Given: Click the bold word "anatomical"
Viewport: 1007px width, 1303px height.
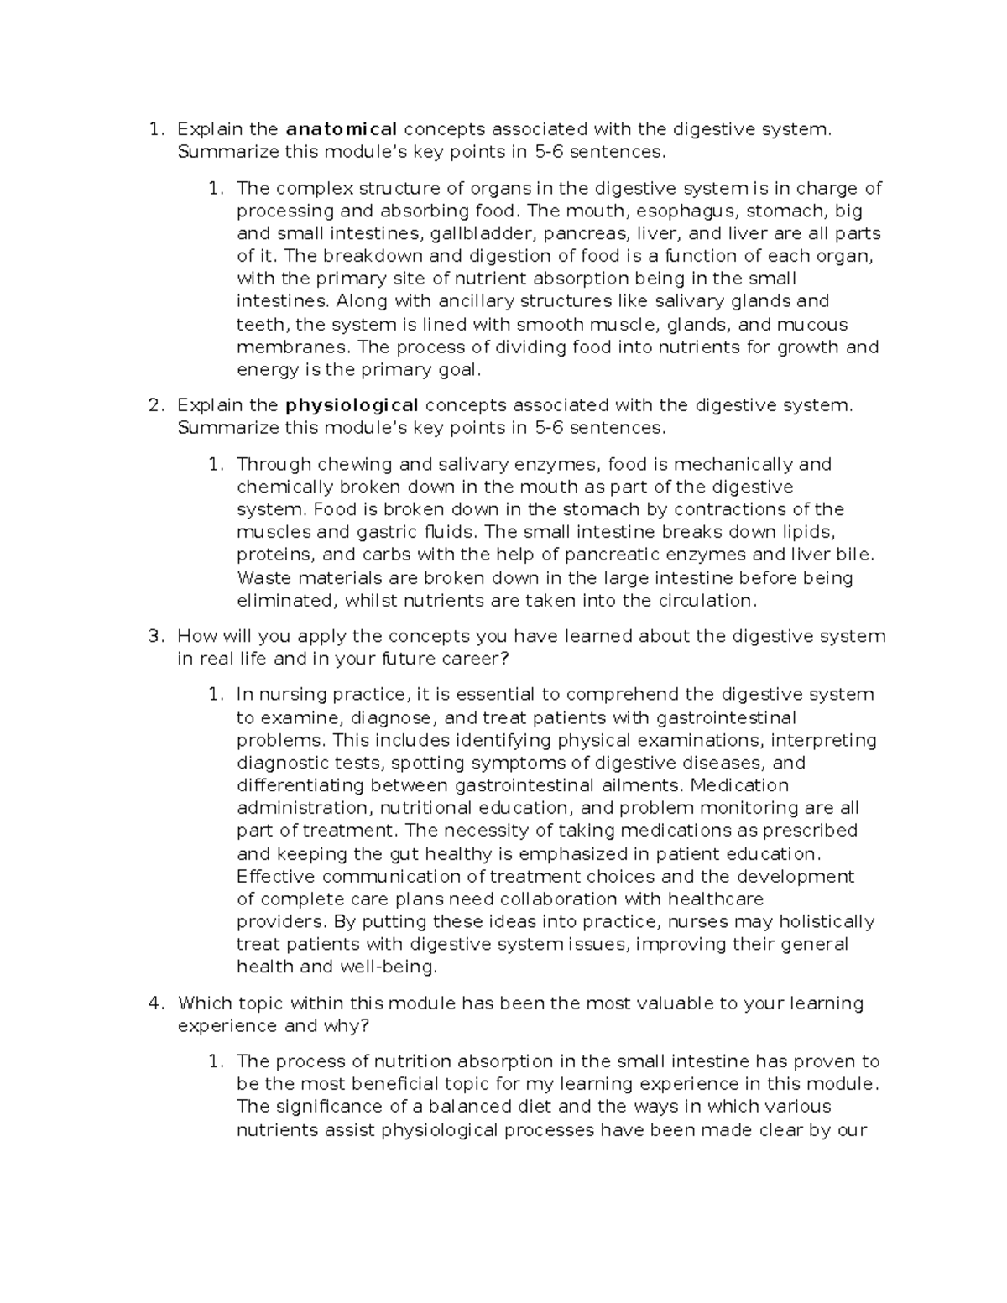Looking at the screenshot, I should click(x=342, y=129).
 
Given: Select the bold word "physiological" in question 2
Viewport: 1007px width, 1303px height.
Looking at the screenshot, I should click(x=352, y=405).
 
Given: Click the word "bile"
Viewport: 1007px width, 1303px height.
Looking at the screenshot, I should click(x=857, y=555).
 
